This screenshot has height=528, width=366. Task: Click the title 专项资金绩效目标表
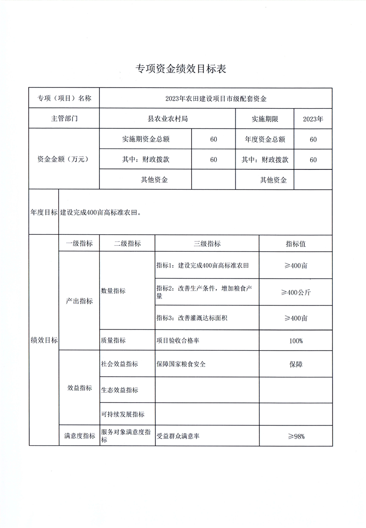[x=181, y=69]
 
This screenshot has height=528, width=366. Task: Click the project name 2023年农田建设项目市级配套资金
[x=216, y=99]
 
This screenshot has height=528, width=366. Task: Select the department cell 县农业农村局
[x=168, y=119]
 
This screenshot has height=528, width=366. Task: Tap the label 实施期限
[x=265, y=119]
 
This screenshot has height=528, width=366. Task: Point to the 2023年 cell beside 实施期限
[x=313, y=119]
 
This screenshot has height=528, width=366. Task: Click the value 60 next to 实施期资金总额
[x=213, y=139]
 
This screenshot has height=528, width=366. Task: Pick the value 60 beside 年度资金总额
[x=313, y=139]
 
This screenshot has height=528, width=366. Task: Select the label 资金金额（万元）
[x=65, y=160]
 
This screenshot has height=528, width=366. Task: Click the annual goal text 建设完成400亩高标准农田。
[x=101, y=213]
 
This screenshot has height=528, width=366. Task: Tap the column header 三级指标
[x=207, y=244]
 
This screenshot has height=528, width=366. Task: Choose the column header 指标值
[x=296, y=244]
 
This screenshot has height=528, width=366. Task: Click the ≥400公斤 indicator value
[x=296, y=292]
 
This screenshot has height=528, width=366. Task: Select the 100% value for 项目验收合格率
[x=296, y=341]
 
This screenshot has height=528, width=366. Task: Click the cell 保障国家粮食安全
[x=181, y=364]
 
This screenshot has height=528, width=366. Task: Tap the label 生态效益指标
[x=120, y=390]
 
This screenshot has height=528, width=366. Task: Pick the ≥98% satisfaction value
[x=296, y=436]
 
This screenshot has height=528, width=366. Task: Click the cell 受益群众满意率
[x=178, y=436]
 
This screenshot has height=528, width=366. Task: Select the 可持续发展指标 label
[x=122, y=415]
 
